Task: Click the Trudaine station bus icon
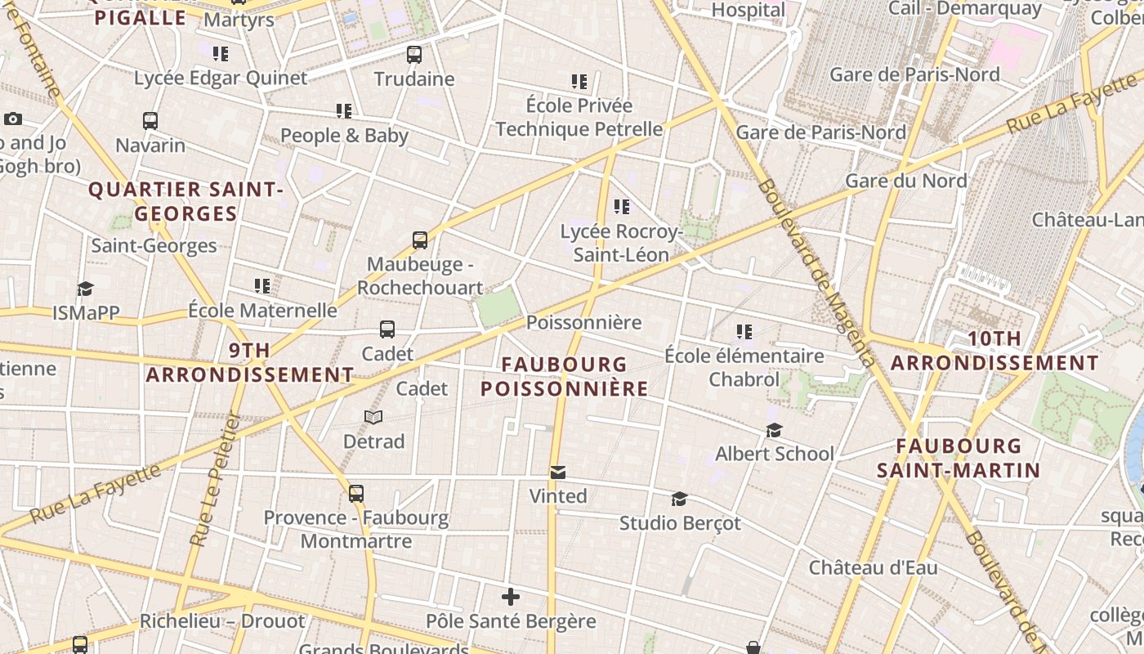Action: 414,55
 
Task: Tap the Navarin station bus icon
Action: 150,121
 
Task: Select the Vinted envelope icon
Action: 558,473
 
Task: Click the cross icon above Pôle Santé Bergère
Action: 511,597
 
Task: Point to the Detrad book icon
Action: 373,418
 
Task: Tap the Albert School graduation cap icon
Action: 774,430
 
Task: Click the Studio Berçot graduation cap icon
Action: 679,499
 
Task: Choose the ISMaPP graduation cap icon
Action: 85,289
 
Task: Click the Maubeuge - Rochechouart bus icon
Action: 420,240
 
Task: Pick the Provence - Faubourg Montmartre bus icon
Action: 356,494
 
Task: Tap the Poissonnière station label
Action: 583,322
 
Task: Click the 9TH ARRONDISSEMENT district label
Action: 250,362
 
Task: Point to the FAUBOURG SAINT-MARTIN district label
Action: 959,458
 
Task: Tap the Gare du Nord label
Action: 906,181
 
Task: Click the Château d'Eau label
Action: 873,567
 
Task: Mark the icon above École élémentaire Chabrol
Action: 744,331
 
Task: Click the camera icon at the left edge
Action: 12,119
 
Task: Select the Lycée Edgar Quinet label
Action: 221,78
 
